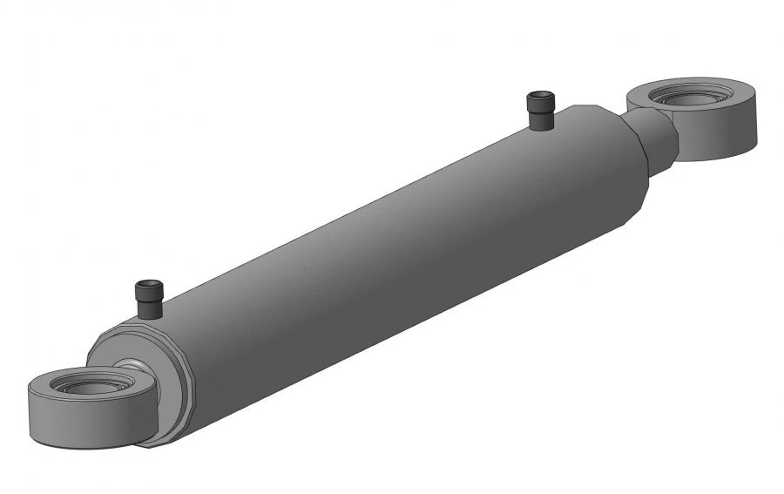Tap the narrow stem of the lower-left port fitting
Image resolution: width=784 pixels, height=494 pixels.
[x=149, y=308]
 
